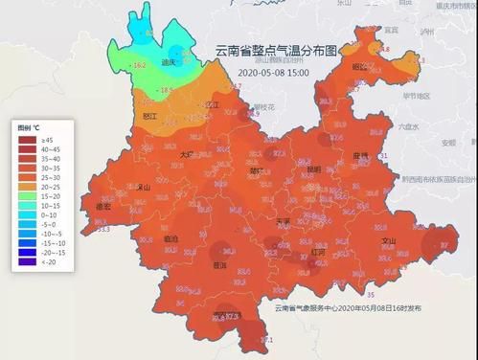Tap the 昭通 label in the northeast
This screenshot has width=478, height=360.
tap(359, 67)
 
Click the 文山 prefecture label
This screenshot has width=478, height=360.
tap(389, 241)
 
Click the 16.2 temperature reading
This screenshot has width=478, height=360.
tap(139, 65)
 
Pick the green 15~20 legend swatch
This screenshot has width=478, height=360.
tap(26, 194)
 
